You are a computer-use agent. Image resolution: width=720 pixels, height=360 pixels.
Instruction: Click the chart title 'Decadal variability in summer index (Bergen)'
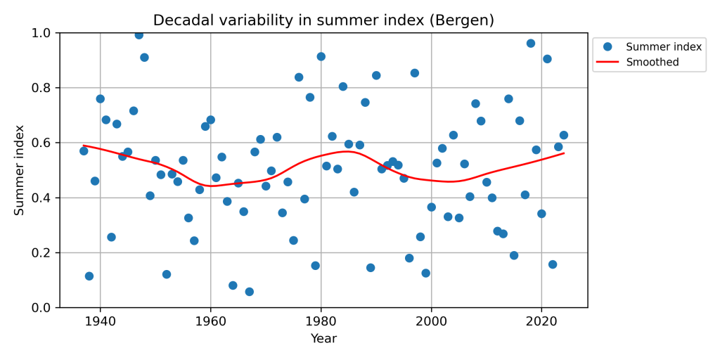323,20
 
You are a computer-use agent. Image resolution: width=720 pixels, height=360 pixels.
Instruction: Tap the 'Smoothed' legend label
652,63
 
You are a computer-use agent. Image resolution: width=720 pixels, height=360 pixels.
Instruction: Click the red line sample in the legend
608,63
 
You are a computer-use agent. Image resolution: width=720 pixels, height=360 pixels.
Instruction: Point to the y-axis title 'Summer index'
20,170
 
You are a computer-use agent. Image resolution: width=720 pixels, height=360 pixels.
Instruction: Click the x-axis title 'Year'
323,339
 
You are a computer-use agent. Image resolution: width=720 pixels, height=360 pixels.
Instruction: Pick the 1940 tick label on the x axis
100,321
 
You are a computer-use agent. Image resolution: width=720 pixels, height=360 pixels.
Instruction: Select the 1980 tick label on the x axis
321,321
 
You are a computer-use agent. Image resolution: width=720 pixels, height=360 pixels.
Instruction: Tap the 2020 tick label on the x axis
541,321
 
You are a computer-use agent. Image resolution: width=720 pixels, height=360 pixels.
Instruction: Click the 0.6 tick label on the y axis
42,143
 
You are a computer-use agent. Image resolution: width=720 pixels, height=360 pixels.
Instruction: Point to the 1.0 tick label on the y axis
42,33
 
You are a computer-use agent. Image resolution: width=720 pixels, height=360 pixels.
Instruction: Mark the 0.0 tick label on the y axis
42,308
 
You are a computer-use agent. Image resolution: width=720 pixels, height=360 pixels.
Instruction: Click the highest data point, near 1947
139,34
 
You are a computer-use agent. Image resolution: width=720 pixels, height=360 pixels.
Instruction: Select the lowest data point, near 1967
249,292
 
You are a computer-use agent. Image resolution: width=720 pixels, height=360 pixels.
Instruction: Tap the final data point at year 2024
563,135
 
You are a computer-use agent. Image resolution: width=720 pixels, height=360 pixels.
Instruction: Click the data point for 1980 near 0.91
321,56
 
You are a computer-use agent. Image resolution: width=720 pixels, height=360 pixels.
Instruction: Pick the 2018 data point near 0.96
530,44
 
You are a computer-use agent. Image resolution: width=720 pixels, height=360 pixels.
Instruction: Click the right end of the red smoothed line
563,153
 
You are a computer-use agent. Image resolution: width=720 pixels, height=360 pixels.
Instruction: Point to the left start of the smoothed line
84,146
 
